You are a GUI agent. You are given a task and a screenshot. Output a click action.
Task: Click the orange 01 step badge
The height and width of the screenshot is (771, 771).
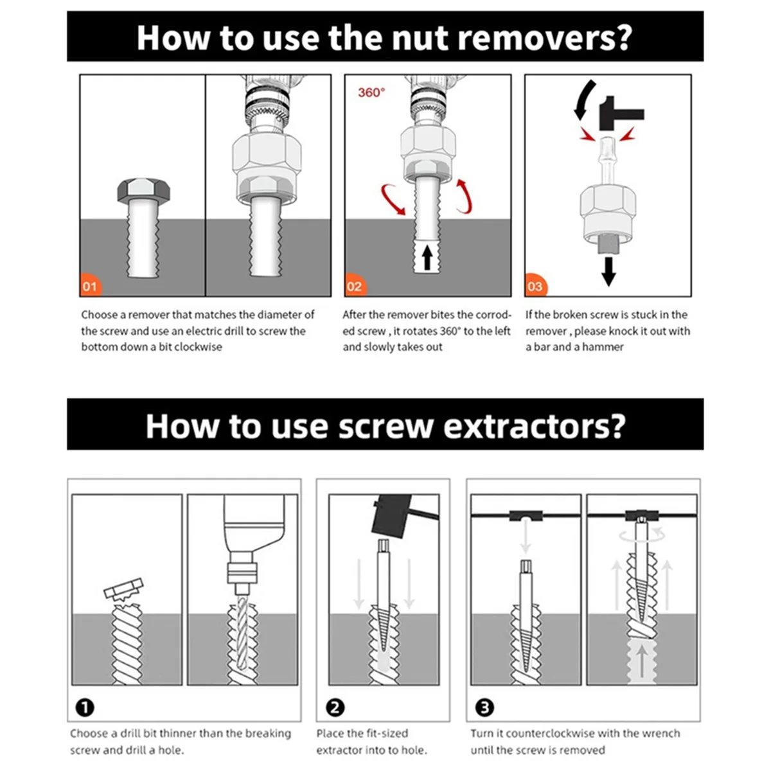point(91,286)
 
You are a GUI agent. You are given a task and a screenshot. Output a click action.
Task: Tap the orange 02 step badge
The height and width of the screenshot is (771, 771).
point(355,286)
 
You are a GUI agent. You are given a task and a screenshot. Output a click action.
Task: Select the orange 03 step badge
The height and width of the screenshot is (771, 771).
point(535,286)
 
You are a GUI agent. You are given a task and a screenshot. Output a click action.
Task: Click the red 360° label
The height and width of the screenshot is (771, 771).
point(371,93)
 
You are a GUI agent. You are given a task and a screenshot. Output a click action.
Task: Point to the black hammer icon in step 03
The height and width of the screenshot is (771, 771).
point(621,113)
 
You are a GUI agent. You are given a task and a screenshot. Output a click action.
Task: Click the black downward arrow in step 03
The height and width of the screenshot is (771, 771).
point(608,272)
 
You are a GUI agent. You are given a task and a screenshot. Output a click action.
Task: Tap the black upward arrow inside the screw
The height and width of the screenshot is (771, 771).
point(427,257)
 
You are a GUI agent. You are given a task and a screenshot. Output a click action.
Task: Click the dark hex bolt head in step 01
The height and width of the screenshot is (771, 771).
point(144,190)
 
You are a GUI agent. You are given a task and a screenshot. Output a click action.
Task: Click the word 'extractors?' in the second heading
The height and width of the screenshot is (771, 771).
point(534,427)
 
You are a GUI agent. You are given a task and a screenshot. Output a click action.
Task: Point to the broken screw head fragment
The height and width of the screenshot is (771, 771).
point(123,590)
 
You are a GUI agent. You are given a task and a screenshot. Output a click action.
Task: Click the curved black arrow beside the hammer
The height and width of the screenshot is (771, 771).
point(583,100)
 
